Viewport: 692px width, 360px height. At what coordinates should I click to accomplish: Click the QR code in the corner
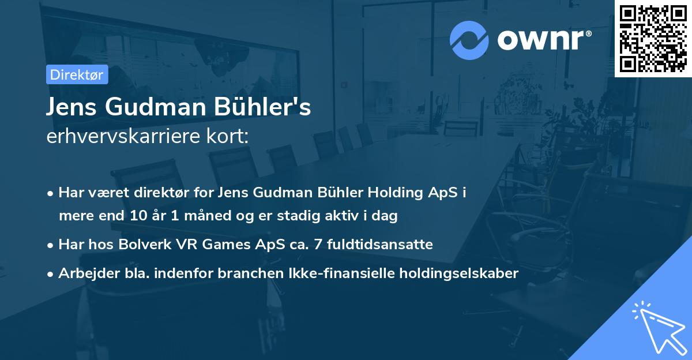click(x=653, y=38)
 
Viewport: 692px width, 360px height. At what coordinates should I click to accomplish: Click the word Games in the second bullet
click(x=211, y=245)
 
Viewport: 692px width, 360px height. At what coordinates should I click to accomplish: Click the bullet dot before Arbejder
click(x=51, y=274)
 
